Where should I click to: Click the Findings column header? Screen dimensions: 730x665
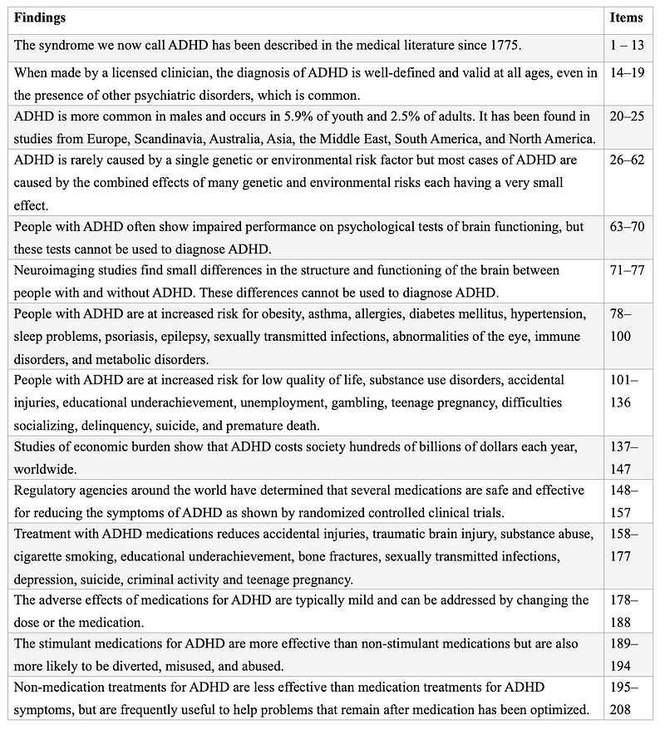(41, 18)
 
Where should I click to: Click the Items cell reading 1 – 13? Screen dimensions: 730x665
(628, 45)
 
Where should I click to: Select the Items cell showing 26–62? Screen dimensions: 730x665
(628, 159)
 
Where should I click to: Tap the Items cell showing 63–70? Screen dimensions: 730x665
(628, 227)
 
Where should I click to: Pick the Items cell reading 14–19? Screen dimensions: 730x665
(628, 73)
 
